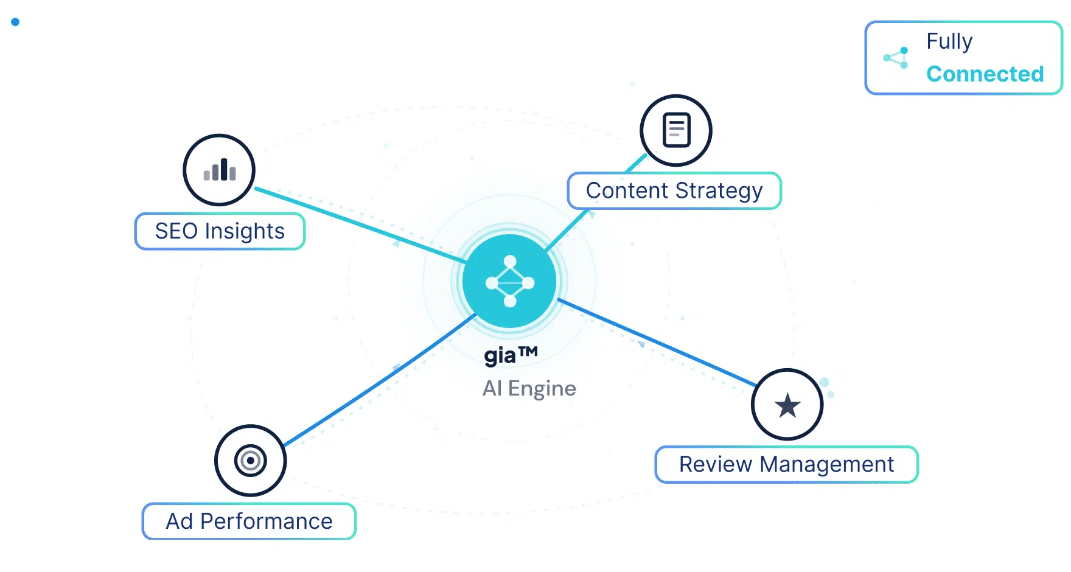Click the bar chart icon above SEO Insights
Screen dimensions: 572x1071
click(x=219, y=170)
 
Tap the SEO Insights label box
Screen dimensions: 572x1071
click(x=220, y=231)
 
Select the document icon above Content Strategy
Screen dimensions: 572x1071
click(x=676, y=130)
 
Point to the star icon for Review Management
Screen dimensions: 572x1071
click(x=787, y=405)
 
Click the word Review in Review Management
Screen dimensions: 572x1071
click(x=716, y=464)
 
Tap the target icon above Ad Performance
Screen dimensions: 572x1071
click(x=250, y=461)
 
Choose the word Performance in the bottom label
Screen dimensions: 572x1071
click(x=266, y=521)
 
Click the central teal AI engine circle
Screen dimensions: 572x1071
click(x=510, y=282)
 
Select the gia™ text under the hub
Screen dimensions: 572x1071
click(x=511, y=354)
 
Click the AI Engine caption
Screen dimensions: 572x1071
click(x=529, y=388)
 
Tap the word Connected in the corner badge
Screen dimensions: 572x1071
click(x=985, y=74)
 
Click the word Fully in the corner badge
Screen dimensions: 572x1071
click(x=949, y=41)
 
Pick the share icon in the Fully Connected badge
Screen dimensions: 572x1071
click(x=896, y=58)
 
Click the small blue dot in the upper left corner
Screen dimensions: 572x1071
click(x=15, y=22)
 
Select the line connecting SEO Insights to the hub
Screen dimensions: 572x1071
click(x=359, y=225)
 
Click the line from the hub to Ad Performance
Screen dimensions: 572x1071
click(x=377, y=380)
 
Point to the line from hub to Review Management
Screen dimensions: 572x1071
click(x=657, y=343)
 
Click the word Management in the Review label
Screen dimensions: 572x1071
click(x=826, y=464)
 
